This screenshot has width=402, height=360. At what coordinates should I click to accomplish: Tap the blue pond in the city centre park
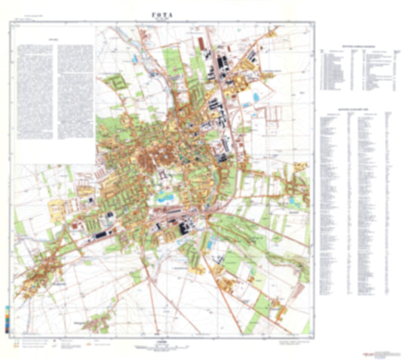pyautogui.click(x=166, y=198)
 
